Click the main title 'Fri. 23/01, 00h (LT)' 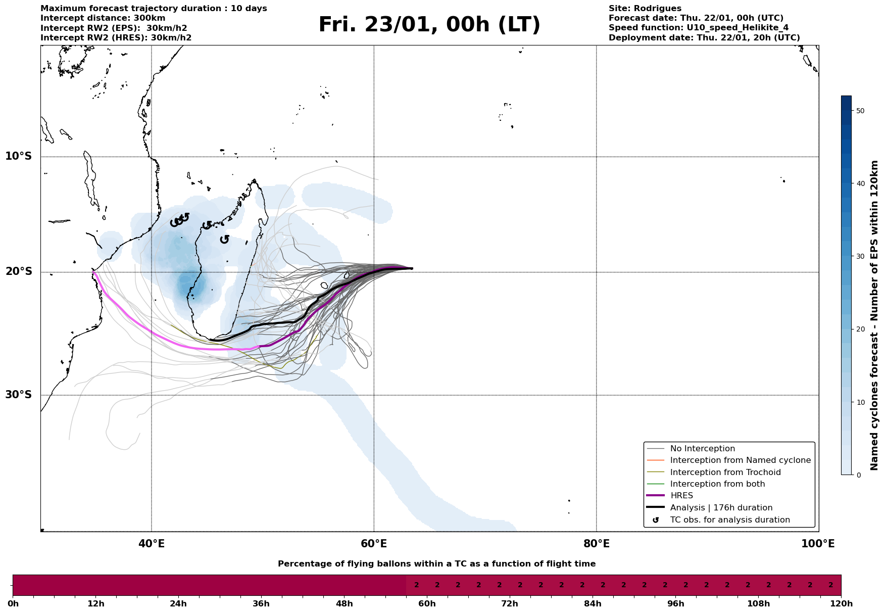pos(429,25)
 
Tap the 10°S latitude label pos(19,156)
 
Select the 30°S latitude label pos(19,395)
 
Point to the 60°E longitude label pos(374,544)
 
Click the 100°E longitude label pos(818,544)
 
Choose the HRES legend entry pos(681,496)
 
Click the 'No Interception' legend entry pos(702,449)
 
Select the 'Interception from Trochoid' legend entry pos(725,473)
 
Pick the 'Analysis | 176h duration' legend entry pos(721,508)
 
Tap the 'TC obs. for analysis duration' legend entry pos(729,520)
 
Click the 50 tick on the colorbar pos(860,111)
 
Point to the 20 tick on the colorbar pos(860,329)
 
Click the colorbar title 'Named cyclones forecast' pos(875,315)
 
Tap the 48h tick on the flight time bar pos(344,604)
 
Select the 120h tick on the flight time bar pos(841,604)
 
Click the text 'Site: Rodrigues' pos(645,9)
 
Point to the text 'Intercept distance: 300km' pos(103,18)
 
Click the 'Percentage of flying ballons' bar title pos(436,564)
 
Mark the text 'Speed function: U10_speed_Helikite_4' pos(698,28)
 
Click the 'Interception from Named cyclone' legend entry pos(740,460)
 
